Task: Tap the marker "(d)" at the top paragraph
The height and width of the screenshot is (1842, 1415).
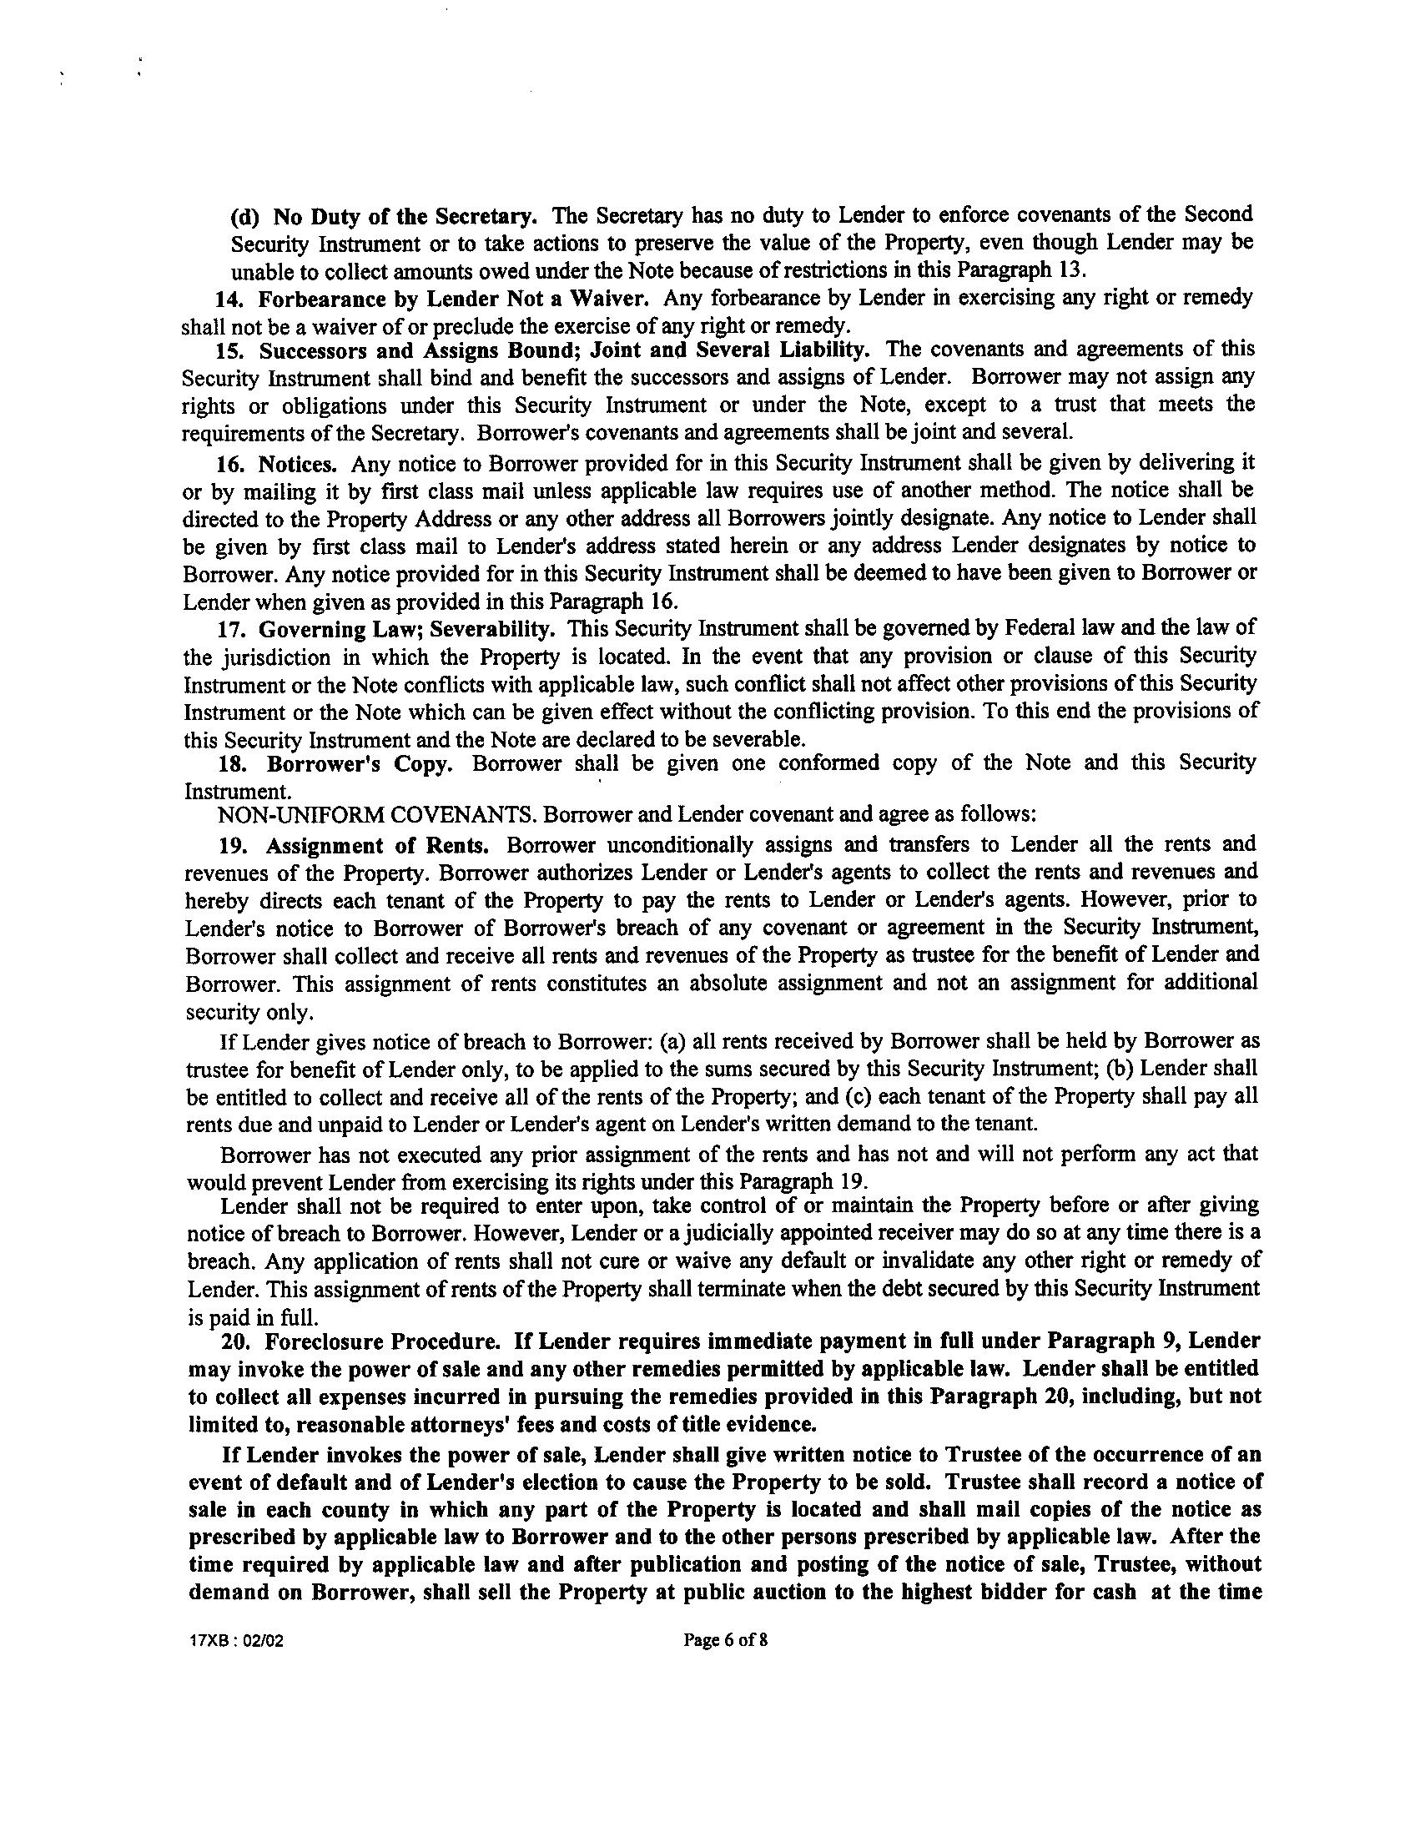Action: tap(245, 216)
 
